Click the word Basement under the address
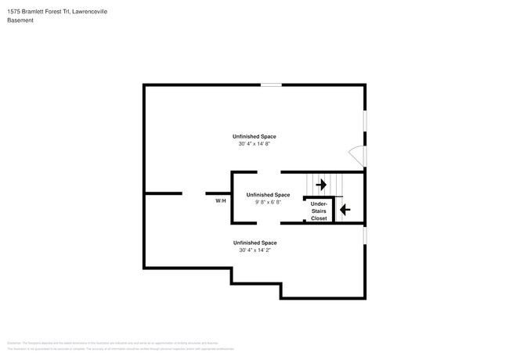pyautogui.click(x=21, y=20)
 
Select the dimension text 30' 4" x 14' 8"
pyautogui.click(x=257, y=144)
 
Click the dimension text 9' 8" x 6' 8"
pyautogui.click(x=268, y=202)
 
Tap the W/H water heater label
pyautogui.click(x=221, y=201)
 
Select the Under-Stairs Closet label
pyautogui.click(x=319, y=211)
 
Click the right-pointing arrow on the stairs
pyautogui.click(x=320, y=185)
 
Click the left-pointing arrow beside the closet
pyautogui.click(x=345, y=209)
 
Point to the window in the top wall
pyautogui.click(x=271, y=85)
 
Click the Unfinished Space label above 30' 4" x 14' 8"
pyautogui.click(x=257, y=136)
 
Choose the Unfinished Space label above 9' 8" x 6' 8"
pyautogui.click(x=268, y=194)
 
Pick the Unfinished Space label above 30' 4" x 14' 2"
pyautogui.click(x=257, y=242)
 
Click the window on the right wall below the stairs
pyautogui.click(x=365, y=235)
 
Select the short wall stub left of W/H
pyautogui.click(x=164, y=193)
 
